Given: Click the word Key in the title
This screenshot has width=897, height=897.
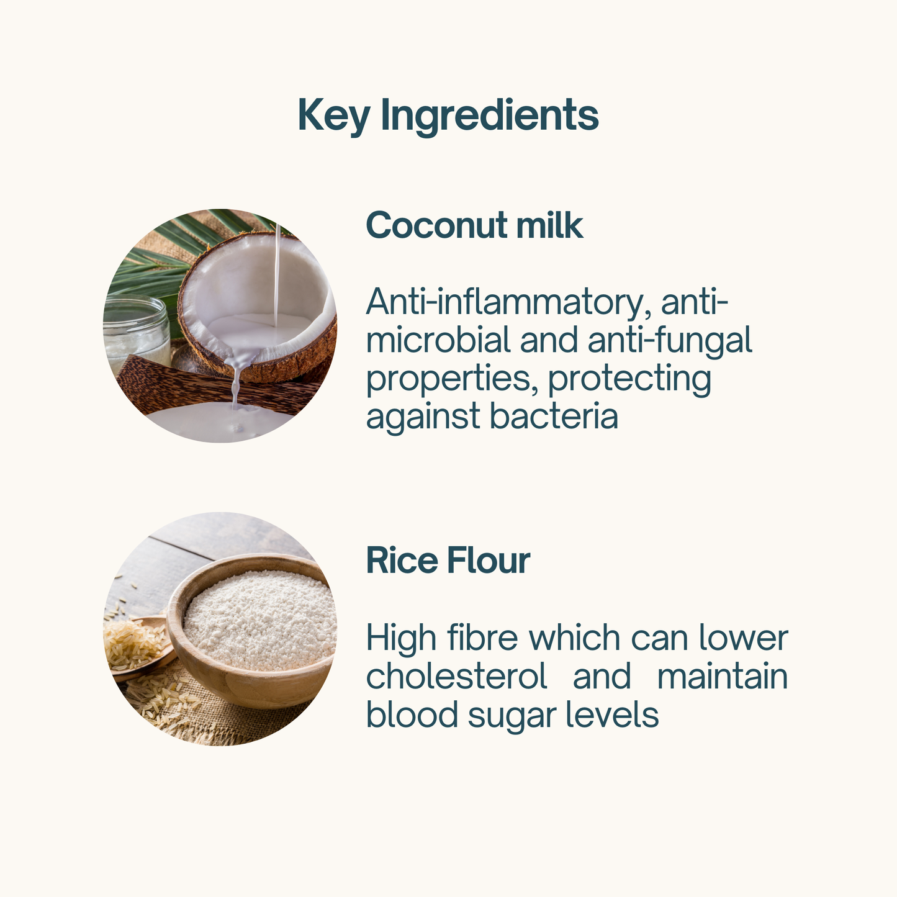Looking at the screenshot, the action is (334, 116).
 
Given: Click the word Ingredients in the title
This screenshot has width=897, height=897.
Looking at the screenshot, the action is (490, 116).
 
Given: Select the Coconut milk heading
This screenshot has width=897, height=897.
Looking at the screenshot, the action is (474, 226).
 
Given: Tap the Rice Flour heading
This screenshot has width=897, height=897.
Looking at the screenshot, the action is (448, 560).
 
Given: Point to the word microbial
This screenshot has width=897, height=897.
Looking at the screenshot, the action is (438, 340).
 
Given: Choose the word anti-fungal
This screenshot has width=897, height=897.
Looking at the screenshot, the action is (670, 340).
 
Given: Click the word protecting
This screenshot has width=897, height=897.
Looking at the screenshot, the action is (629, 379).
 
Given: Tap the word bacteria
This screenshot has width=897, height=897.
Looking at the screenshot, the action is (554, 416).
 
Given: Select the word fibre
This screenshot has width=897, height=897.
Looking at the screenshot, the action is (482, 638).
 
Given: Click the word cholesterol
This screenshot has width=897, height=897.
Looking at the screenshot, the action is (457, 676).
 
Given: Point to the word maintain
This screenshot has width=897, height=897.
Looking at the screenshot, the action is (723, 677).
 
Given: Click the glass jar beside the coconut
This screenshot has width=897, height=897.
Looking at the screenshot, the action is (135, 332).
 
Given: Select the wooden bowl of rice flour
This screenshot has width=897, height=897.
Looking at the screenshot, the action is (252, 631).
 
